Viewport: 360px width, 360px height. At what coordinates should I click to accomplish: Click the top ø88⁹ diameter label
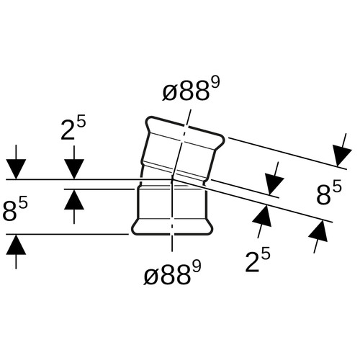coord(191,90)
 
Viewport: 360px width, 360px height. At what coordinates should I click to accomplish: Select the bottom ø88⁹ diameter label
coord(172,274)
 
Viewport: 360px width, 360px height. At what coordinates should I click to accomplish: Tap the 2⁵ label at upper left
coord(73,129)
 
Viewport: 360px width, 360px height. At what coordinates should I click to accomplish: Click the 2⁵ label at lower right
coord(258,261)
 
